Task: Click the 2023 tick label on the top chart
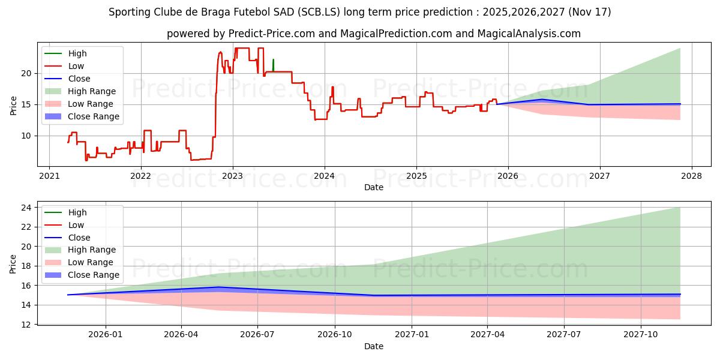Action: coord(233,176)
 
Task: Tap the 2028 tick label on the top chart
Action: coord(691,176)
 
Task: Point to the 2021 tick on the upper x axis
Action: coord(49,176)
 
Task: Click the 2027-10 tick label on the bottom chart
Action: coord(641,335)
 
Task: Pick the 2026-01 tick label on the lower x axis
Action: coord(106,335)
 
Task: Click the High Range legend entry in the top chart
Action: coord(92,91)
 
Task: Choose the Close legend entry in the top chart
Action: coord(79,79)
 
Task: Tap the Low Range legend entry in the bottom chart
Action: coord(91,262)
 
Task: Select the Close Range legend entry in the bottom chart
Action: coord(94,275)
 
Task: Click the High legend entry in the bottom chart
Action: coord(77,212)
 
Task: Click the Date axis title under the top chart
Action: coord(373,187)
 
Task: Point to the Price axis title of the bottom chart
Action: coord(14,263)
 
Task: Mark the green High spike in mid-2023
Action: coord(273,64)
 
